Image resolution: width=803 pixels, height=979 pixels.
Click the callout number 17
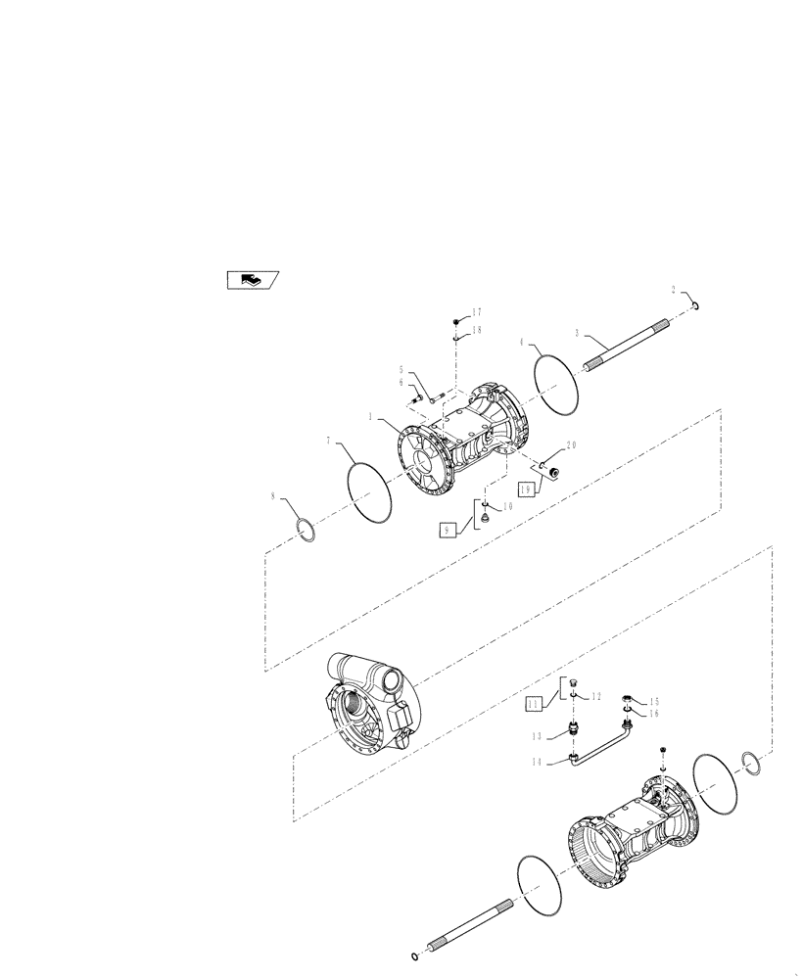[x=476, y=312]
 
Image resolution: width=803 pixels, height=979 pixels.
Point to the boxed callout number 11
[x=533, y=703]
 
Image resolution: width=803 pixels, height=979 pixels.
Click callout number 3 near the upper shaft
[x=577, y=333]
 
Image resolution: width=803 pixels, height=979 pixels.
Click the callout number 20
[x=572, y=445]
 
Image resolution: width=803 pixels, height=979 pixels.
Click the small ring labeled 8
[x=307, y=530]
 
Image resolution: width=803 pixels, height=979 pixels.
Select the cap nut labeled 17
[x=456, y=321]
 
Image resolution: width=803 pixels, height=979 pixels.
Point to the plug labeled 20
[x=553, y=474]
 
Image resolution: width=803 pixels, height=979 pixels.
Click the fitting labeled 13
[x=573, y=728]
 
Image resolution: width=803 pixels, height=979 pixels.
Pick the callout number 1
[x=371, y=416]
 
